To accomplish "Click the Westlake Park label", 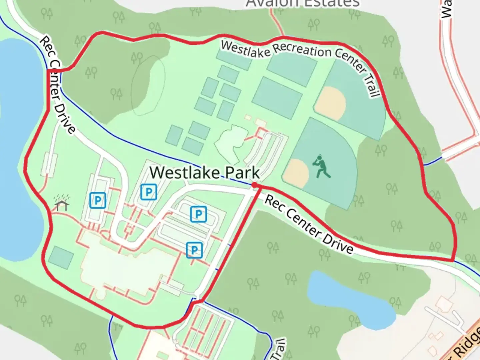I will (204, 173).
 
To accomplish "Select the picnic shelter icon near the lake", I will (62, 204).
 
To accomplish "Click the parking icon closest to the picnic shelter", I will (98, 200).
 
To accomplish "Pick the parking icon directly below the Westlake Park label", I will (149, 192).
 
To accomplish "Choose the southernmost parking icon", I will (194, 250).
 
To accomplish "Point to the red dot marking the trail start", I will (254, 185).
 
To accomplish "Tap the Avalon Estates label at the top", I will (303, 3).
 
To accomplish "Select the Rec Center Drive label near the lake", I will (57, 85).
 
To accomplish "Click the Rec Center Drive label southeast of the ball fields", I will (309, 225).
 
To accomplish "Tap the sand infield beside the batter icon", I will (296, 173).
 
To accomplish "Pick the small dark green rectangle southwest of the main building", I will (61, 257).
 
